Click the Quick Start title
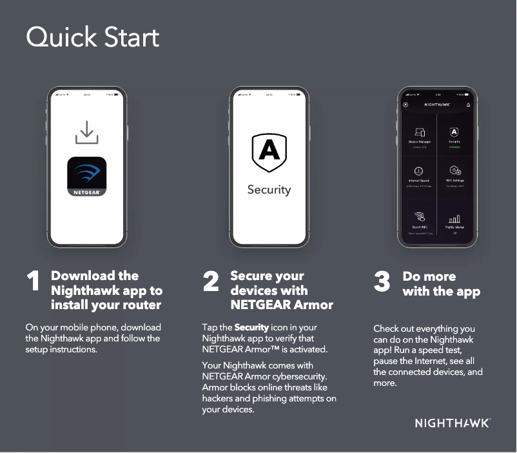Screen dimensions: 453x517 tap(92, 37)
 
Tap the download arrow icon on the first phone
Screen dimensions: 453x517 tap(86, 132)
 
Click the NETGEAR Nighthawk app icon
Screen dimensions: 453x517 tap(86, 176)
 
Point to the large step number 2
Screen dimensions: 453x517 tap(211, 282)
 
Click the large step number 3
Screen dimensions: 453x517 tap(382, 282)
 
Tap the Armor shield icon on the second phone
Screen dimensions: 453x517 tap(269, 152)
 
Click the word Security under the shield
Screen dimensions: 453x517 tap(269, 190)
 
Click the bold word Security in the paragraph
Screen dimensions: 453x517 tap(251, 328)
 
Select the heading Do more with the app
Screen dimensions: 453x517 tap(441, 284)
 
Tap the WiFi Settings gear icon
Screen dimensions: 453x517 tap(454, 170)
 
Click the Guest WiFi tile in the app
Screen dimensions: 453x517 tap(419, 219)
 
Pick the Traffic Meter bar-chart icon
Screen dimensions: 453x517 tap(454, 219)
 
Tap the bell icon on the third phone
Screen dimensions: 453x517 tap(468, 105)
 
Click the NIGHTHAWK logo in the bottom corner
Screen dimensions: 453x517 tap(452, 423)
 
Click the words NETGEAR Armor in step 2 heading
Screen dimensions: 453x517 tap(282, 305)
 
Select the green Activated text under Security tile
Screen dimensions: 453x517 tap(454, 146)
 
